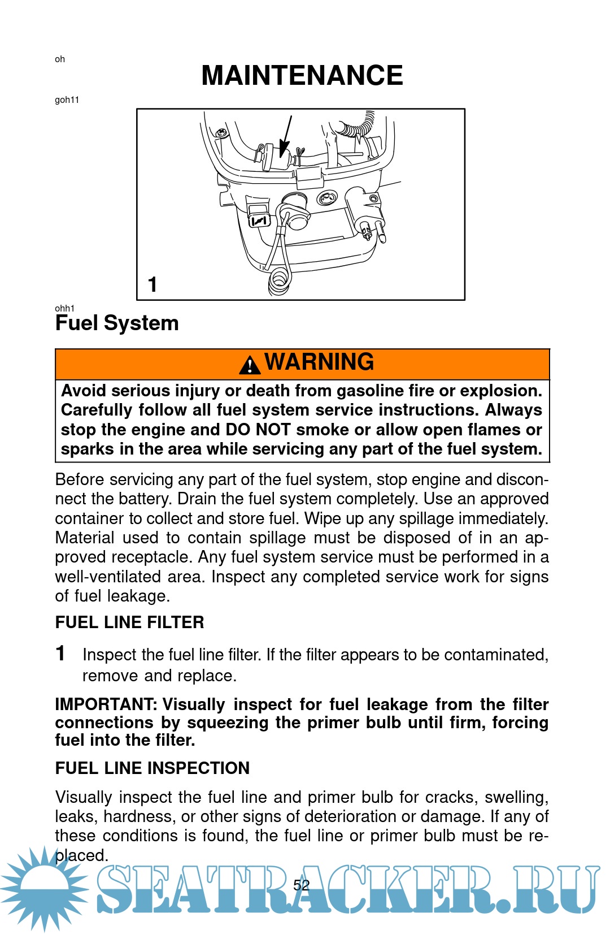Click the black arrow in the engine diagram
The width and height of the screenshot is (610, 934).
(x=285, y=136)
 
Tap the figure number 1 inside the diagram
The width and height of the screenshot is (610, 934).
(x=152, y=285)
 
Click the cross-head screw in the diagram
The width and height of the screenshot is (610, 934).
(x=222, y=133)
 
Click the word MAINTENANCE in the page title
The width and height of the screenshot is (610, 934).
(x=302, y=75)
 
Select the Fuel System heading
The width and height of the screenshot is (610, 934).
(x=117, y=323)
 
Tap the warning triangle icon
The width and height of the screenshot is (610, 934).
(x=250, y=365)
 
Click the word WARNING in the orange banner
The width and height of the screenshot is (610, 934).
(x=319, y=361)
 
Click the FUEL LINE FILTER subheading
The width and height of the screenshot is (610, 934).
(x=129, y=622)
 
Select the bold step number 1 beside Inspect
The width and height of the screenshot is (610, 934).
(x=60, y=653)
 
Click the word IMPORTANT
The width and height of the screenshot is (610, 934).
(x=106, y=704)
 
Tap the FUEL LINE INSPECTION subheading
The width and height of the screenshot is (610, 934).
(x=152, y=768)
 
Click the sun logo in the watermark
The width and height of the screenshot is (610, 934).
(x=43, y=889)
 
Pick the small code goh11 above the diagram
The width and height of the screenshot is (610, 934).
(x=67, y=100)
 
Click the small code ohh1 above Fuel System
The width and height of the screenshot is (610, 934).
(x=64, y=309)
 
